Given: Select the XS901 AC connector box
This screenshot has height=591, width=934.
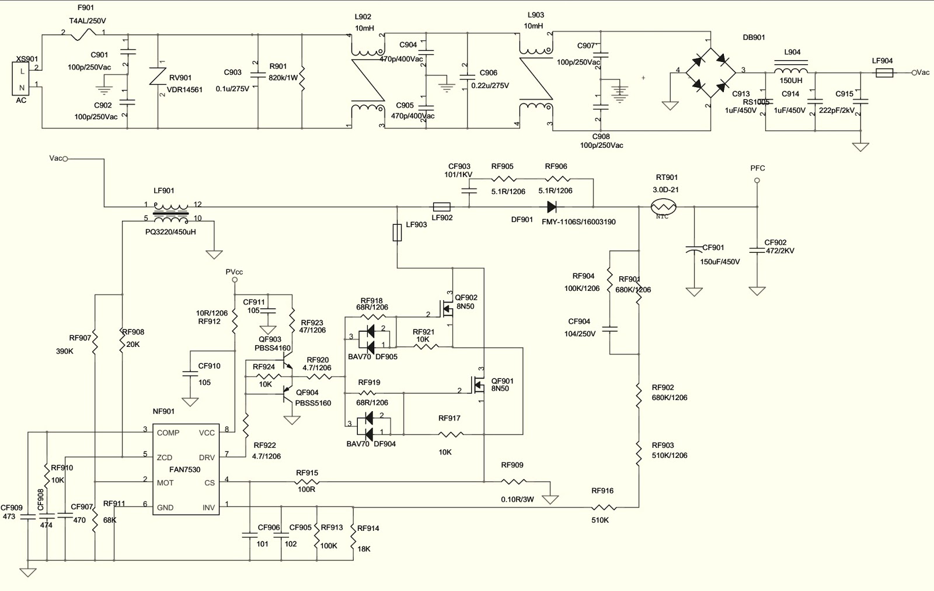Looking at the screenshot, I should pos(22,79).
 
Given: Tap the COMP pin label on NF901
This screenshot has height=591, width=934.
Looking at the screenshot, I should pos(168,433).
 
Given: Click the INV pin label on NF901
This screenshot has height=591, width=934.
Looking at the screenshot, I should pos(208,507).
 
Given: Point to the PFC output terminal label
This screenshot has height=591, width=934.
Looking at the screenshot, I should pos(757,168).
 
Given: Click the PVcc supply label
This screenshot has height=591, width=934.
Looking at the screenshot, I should pos(234,272).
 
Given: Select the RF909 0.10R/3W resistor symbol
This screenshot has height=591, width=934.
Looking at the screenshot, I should pos(514,482).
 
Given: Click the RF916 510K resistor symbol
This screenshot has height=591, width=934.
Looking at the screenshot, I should pos(604,507).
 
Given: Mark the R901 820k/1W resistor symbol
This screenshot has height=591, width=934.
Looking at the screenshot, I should pos(302,81).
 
